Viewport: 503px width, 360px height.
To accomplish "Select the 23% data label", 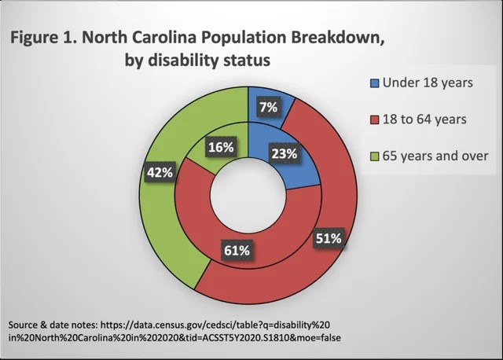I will (284, 154).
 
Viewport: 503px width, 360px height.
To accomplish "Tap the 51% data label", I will (327, 237).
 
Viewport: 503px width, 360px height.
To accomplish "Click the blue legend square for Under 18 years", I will (374, 83).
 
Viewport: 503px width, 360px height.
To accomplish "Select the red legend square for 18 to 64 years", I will (374, 119).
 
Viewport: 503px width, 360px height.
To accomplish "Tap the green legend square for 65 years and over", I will (374, 156).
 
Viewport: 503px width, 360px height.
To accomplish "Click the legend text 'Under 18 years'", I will (428, 83).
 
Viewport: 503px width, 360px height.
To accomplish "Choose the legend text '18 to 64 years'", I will (424, 119).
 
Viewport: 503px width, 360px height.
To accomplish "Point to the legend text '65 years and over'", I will (435, 156).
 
